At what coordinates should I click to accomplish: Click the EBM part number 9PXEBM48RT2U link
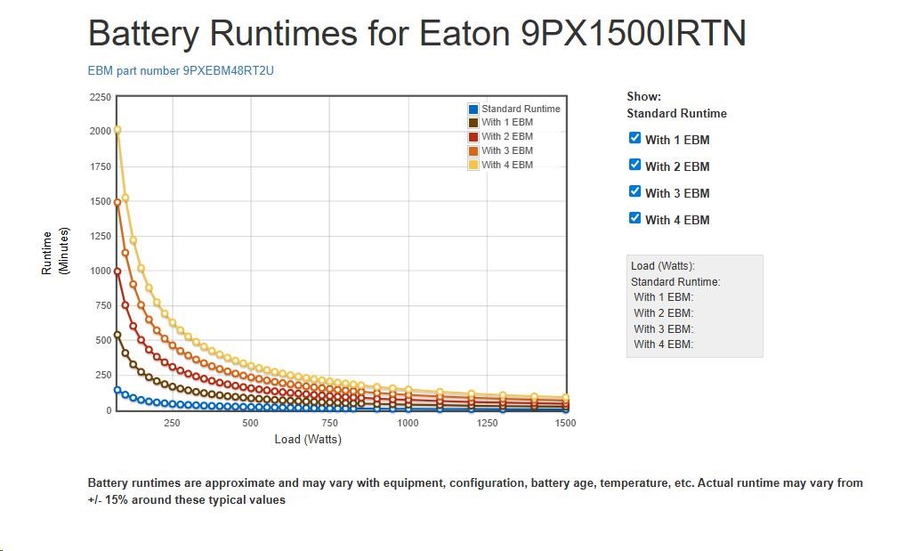(181, 70)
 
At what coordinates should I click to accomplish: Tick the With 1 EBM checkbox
(634, 138)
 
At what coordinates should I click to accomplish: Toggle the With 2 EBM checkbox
(634, 165)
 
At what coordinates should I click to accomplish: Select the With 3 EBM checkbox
(634, 191)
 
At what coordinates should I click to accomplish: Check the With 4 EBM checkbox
(634, 218)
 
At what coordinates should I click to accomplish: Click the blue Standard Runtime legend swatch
(473, 109)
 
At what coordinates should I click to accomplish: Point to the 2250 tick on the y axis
(100, 97)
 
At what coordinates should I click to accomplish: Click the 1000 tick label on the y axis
(100, 271)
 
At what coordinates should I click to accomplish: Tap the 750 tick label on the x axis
(329, 423)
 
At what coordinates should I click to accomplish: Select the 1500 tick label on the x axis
(564, 423)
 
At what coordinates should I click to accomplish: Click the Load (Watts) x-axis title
(308, 439)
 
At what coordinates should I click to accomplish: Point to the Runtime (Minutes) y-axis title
(55, 253)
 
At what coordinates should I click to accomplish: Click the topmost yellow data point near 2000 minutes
(117, 131)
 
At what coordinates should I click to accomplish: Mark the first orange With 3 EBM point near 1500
(117, 202)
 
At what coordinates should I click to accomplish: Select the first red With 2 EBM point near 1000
(117, 271)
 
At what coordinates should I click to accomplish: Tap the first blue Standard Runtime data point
(117, 390)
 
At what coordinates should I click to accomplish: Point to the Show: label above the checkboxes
(643, 96)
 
